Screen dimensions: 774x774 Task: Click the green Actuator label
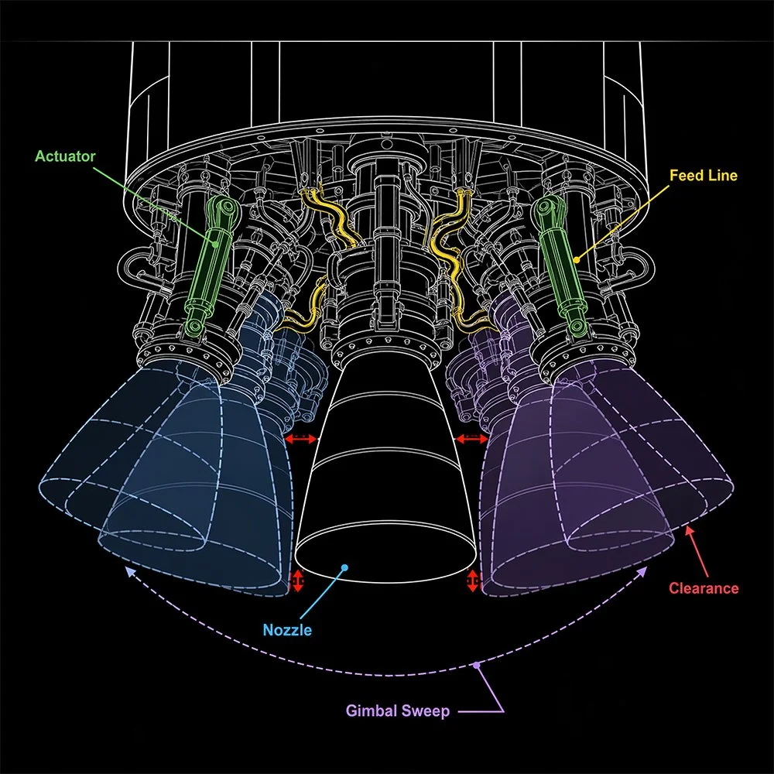[65, 156]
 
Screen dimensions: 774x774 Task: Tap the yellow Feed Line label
[703, 176]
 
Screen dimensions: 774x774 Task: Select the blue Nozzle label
[287, 629]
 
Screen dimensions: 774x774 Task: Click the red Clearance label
[704, 588]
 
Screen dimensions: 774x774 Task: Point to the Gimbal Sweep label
[397, 711]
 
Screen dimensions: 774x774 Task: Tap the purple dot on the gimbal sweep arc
[478, 665]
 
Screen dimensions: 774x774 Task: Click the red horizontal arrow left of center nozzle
[301, 440]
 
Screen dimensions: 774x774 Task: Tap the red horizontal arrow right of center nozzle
[470, 440]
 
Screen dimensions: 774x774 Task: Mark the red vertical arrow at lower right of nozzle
[472, 580]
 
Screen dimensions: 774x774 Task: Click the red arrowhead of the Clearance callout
[688, 530]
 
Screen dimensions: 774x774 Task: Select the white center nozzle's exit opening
[385, 556]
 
